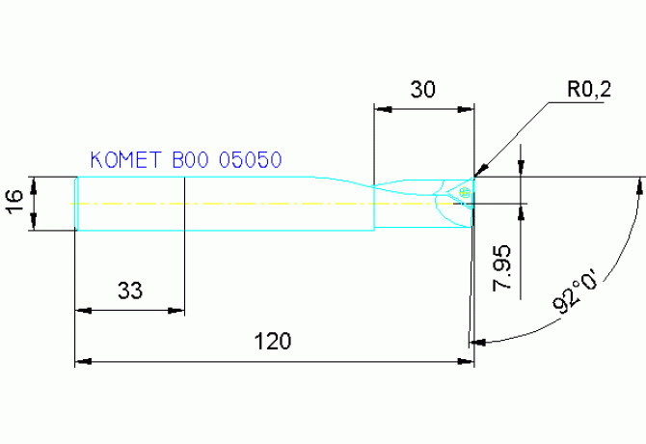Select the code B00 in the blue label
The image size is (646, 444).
pos(191,160)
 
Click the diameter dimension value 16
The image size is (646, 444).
pos(14,203)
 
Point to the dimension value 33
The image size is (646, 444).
pos(130,290)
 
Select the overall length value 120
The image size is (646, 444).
pos(273,341)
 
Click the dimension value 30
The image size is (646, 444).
pos(423,90)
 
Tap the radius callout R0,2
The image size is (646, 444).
pos(588,91)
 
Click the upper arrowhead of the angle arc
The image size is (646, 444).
pos(640,182)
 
